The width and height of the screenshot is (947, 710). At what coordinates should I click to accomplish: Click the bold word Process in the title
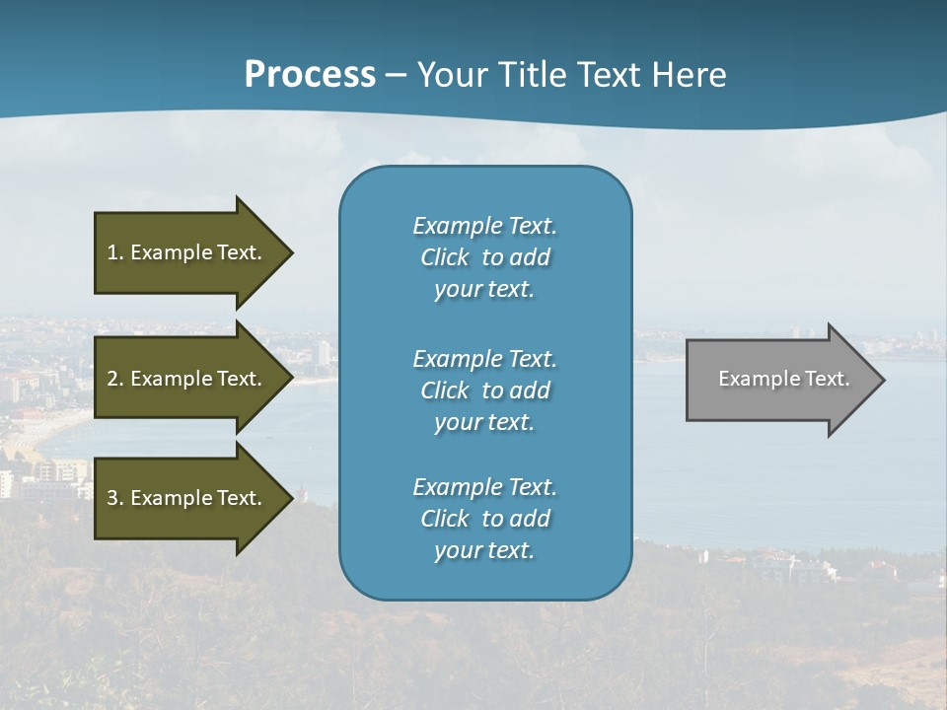[x=310, y=75]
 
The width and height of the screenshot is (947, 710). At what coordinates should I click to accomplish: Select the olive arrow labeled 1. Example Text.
[x=187, y=252]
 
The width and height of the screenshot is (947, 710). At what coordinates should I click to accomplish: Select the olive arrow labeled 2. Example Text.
[x=187, y=379]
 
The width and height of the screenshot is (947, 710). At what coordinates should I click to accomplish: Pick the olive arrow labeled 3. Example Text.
[x=187, y=498]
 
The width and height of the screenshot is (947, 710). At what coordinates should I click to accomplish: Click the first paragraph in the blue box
[x=484, y=257]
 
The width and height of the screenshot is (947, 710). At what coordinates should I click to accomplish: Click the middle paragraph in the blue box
[x=484, y=390]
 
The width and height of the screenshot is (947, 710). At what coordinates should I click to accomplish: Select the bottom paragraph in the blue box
[x=484, y=519]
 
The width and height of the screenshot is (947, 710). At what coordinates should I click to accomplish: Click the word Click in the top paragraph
[x=445, y=257]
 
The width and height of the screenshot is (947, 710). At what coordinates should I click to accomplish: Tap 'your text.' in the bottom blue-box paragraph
[x=484, y=550]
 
